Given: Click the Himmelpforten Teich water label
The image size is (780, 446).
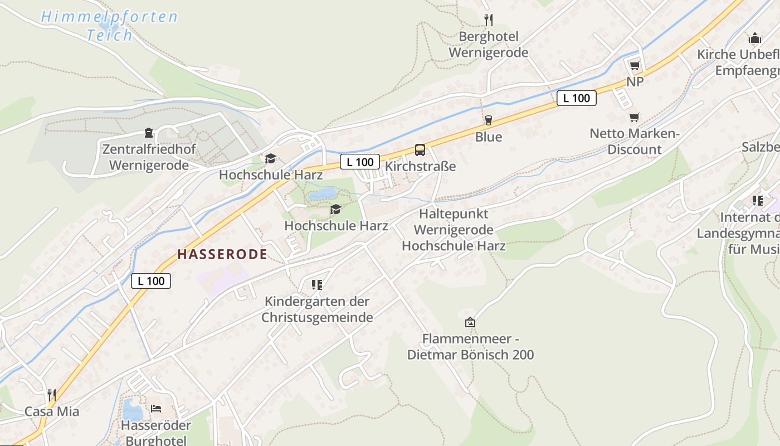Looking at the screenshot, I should pyautogui.click(x=109, y=26).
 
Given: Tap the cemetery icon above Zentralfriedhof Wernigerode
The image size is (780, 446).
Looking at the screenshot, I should pyautogui.click(x=149, y=133).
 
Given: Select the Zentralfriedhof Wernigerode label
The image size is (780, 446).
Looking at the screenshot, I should pyautogui.click(x=149, y=157).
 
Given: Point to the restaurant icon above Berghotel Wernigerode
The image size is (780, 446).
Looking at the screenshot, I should pyautogui.click(x=489, y=20).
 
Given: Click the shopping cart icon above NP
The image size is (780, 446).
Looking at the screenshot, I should pyautogui.click(x=635, y=65).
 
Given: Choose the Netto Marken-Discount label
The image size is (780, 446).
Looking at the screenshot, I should pyautogui.click(x=635, y=142).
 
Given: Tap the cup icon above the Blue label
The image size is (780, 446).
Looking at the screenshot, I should pyautogui.click(x=489, y=120).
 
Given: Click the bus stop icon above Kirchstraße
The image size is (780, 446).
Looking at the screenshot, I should pyautogui.click(x=420, y=149).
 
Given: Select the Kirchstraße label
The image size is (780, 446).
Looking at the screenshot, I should pyautogui.click(x=420, y=166).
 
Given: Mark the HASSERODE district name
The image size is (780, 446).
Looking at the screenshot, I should pyautogui.click(x=222, y=255).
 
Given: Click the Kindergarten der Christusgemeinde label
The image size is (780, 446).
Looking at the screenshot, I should pyautogui.click(x=317, y=310).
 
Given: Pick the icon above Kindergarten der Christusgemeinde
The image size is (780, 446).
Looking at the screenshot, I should pyautogui.click(x=317, y=285).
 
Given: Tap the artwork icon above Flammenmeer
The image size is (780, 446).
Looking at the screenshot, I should pyautogui.click(x=470, y=322).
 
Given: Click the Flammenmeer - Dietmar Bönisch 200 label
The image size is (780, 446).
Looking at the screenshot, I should pyautogui.click(x=470, y=347).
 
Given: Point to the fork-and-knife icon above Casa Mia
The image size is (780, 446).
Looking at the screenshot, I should pyautogui.click(x=52, y=395).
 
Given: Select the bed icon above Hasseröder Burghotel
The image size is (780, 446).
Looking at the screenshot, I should pyautogui.click(x=156, y=409).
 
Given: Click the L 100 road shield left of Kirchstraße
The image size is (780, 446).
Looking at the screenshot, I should pyautogui.click(x=360, y=162).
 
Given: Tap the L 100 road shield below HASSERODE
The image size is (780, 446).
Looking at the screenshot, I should pyautogui.click(x=151, y=280).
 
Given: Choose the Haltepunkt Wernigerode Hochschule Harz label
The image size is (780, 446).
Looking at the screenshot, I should pyautogui.click(x=454, y=230).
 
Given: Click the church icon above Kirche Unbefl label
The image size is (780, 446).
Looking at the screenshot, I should pyautogui.click(x=755, y=38).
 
